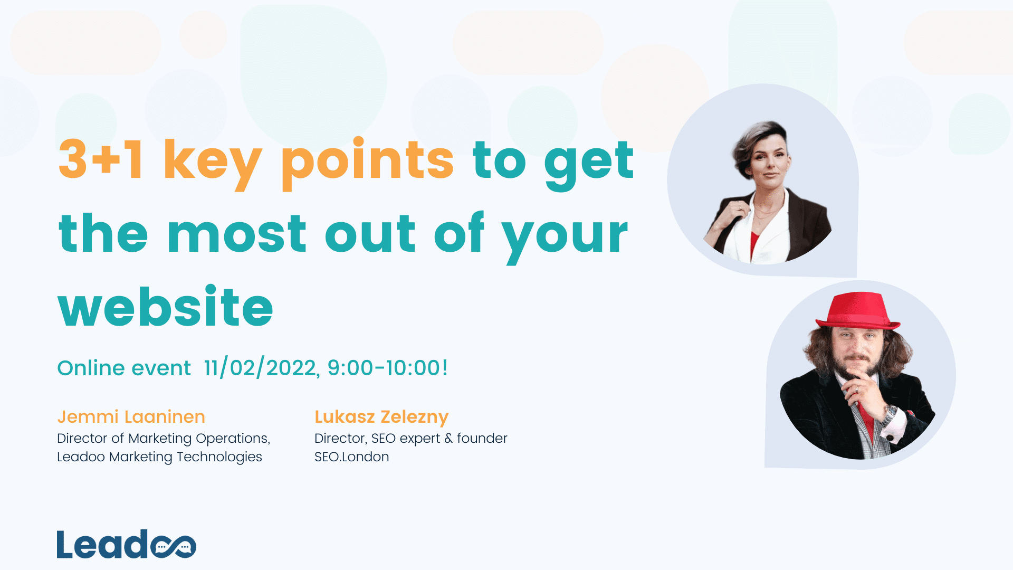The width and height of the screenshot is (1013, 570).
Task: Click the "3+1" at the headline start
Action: (100, 159)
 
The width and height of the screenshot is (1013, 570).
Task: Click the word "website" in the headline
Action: (165, 307)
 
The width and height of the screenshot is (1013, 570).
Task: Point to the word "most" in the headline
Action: (236, 234)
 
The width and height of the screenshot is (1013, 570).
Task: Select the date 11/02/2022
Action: (260, 368)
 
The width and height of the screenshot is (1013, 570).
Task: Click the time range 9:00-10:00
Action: (387, 368)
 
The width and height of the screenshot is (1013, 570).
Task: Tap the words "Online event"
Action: (124, 368)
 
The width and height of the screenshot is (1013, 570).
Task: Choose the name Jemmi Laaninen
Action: (131, 417)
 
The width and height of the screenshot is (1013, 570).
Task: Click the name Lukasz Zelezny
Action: (381, 417)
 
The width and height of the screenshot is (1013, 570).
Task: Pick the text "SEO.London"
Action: (351, 457)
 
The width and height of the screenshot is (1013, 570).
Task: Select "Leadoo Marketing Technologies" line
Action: (159, 457)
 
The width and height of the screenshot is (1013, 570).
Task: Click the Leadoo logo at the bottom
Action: (126, 544)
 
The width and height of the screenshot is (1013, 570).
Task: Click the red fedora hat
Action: (857, 311)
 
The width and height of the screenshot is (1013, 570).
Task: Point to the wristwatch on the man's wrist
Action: (890, 413)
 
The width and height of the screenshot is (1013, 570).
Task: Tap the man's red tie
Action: (865, 417)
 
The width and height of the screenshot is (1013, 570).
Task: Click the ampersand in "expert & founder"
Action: (448, 439)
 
